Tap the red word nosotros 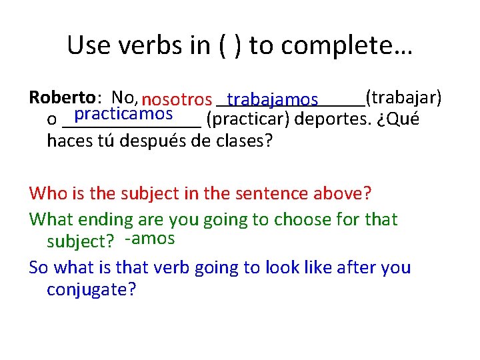(x=177, y=100)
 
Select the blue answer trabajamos (x=272, y=100)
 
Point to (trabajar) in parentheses (x=403, y=98)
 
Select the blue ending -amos (x=150, y=239)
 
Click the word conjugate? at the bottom (x=91, y=290)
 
